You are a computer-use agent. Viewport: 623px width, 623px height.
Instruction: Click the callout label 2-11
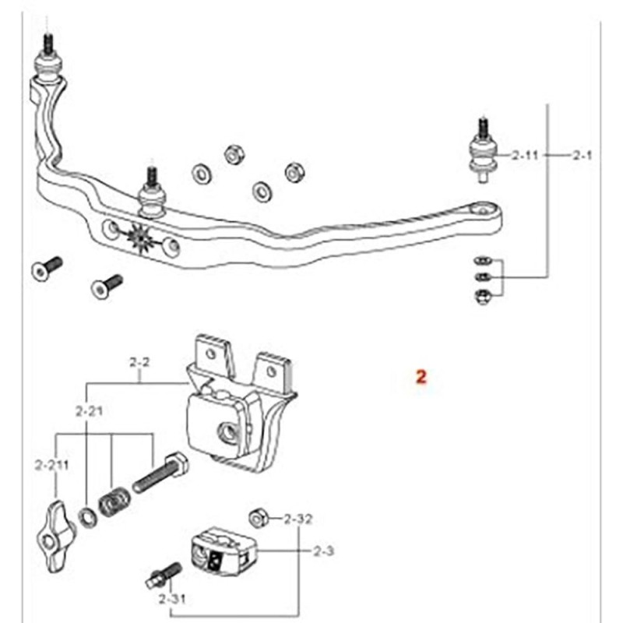coord(525,155)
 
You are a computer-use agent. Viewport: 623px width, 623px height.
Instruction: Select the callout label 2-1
coord(582,155)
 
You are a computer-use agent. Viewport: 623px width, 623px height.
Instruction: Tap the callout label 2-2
coord(139,362)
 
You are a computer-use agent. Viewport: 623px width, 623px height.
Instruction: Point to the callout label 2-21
coord(89,411)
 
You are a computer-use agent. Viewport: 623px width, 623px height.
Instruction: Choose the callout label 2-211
coord(51,465)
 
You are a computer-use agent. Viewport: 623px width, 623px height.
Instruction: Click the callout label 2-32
coord(298,519)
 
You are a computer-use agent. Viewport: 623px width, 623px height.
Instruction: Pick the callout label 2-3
coord(323,551)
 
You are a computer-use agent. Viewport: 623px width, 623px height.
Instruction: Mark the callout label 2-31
coord(172,599)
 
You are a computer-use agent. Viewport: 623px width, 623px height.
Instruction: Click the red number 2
coord(421,376)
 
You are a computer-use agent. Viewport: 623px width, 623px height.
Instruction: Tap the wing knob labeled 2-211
coord(53,537)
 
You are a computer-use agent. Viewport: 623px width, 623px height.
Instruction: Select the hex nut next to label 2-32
coord(259,518)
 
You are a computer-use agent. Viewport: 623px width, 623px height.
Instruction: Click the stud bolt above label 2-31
coord(164,576)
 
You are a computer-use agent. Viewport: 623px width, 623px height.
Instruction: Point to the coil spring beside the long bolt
coord(114,502)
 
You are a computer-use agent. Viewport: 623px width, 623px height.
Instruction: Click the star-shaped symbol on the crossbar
coord(140,238)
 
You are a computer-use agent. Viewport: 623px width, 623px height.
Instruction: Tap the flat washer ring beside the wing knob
coord(88,518)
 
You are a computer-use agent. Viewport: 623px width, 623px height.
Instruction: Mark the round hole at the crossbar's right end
coord(482,209)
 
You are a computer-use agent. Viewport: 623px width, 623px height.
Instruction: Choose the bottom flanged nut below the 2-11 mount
coord(483,296)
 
